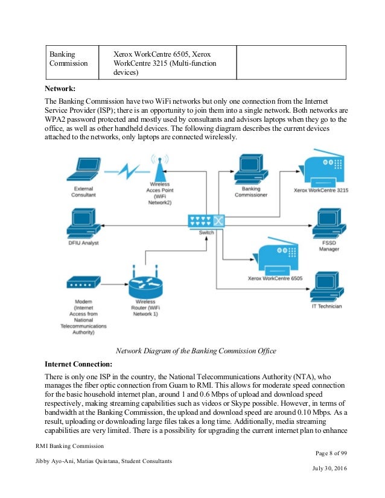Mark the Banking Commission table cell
(x=68, y=58)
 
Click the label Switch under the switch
(x=206, y=233)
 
